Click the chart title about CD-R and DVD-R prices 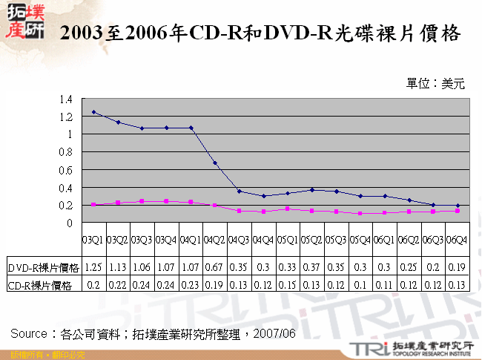tap(259, 34)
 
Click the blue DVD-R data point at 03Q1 tap(93, 112)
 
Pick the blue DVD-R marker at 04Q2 tap(215, 163)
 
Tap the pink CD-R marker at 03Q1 tap(93, 205)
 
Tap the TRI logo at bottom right tap(366, 348)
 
